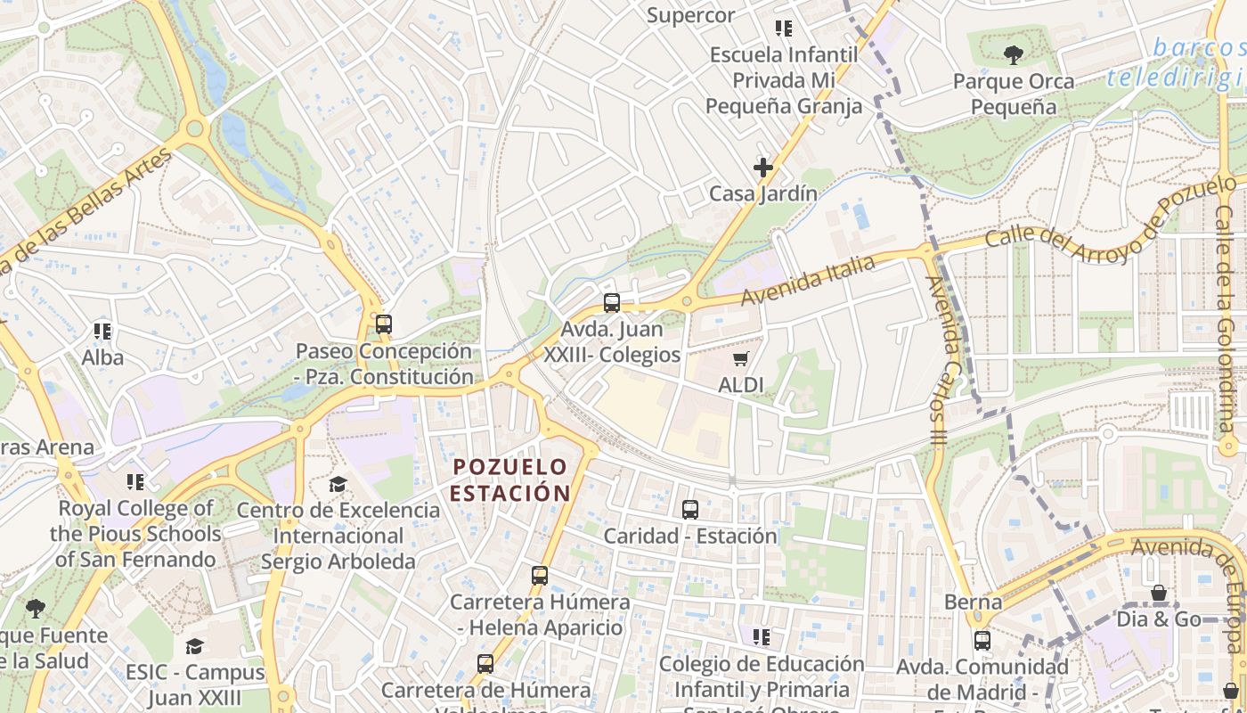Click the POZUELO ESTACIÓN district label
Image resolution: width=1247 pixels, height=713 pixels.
click(x=510, y=479)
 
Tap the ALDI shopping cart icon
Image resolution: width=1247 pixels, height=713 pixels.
click(x=739, y=359)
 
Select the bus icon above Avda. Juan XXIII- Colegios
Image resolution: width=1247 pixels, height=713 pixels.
click(x=611, y=303)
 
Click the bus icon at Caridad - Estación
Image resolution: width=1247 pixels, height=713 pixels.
click(x=689, y=510)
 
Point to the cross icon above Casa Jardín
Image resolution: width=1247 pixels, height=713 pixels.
click(x=762, y=168)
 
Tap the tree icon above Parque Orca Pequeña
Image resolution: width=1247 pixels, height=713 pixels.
click(x=1013, y=55)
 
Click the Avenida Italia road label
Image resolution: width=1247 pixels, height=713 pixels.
click(x=810, y=279)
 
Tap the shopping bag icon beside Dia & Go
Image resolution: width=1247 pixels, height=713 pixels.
click(x=1159, y=593)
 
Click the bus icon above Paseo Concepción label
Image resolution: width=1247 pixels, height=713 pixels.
click(x=383, y=324)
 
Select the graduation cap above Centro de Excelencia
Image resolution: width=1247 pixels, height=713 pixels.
click(x=338, y=484)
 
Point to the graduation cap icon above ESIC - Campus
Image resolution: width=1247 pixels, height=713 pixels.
click(x=194, y=646)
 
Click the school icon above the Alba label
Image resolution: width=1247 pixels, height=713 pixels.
click(x=102, y=332)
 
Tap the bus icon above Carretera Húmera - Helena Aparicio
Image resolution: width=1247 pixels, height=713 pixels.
click(x=539, y=576)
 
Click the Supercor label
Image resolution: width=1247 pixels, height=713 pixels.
click(x=690, y=15)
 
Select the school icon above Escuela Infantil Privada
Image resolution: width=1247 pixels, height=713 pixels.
click(x=784, y=29)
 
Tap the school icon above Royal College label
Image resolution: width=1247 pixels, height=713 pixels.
click(x=134, y=482)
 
